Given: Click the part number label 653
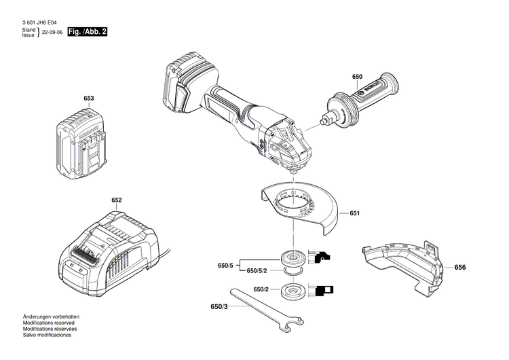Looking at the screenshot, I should (x=88, y=98).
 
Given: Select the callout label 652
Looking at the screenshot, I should (x=117, y=200).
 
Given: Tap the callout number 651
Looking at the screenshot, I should (x=354, y=214).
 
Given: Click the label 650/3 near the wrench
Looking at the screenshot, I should (x=220, y=307).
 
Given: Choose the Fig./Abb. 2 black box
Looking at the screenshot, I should (x=90, y=32).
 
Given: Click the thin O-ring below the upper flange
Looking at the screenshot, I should (x=294, y=271).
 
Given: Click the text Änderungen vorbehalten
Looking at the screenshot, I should (x=52, y=317).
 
